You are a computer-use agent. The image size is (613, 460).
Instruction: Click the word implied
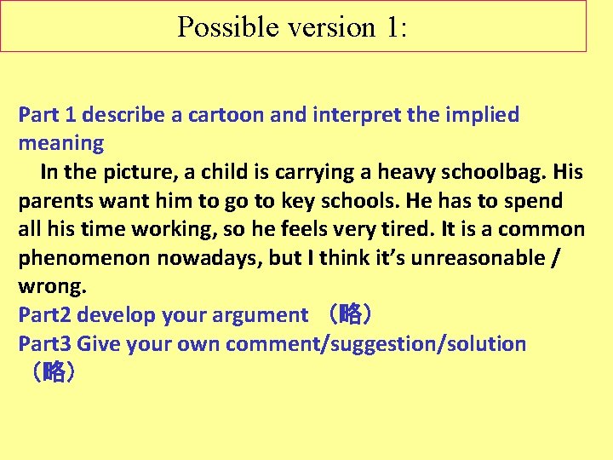481,115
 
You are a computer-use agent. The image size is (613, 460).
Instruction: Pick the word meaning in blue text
61,143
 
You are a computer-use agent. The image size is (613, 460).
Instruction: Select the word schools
358,201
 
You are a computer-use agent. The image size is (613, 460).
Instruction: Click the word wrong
52,287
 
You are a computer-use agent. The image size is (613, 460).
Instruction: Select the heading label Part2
46,316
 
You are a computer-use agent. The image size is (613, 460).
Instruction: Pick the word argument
261,316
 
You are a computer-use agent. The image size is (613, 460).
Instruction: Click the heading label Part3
46,344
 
